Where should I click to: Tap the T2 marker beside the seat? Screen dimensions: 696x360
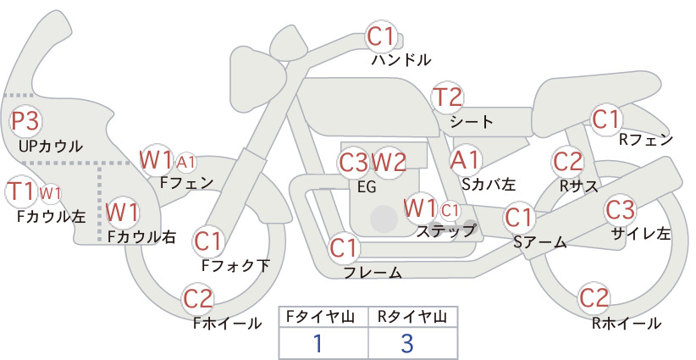448,97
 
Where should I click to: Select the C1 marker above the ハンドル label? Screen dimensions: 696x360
381,36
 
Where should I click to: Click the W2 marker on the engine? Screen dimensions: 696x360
389,163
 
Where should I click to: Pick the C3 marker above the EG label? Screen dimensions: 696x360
354,163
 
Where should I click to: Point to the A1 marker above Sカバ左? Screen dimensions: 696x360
466,160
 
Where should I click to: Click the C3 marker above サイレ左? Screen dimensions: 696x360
620,209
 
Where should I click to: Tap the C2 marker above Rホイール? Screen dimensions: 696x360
594,297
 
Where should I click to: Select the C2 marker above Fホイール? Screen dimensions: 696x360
198,298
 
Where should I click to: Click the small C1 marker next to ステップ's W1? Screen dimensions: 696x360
450,210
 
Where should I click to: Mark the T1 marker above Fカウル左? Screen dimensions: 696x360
21,191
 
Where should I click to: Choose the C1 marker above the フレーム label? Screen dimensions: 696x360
344,247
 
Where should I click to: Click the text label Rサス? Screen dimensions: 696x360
579,186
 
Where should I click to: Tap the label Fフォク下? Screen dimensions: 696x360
235,265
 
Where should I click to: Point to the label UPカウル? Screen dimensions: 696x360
51,146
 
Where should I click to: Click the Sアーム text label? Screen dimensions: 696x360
540,241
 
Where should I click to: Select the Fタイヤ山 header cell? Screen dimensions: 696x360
323,317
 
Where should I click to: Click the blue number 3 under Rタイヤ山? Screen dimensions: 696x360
407,343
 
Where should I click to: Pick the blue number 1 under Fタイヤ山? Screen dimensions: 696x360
318,343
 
